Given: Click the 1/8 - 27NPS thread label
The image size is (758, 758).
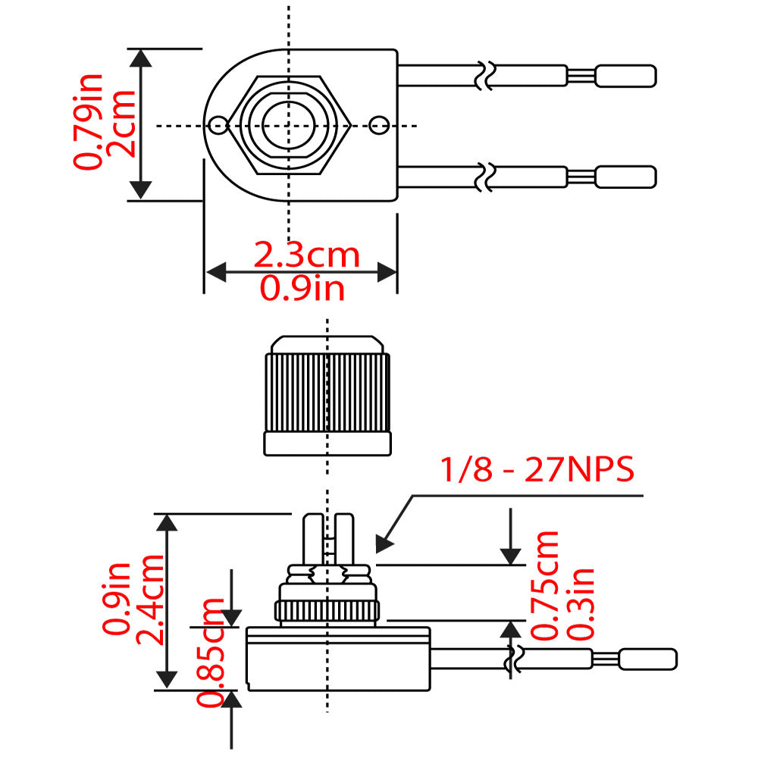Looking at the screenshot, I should [537, 471].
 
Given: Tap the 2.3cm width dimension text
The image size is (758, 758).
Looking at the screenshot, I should [306, 255].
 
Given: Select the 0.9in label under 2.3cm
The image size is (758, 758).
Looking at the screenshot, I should [302, 288].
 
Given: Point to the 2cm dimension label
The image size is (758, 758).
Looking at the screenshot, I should [121, 124].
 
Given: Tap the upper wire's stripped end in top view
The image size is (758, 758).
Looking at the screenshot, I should [625, 76].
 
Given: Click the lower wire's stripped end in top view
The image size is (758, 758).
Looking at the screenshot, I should [625, 177].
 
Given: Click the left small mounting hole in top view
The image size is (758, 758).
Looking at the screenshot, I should [219, 125].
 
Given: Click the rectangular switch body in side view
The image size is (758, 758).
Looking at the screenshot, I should [337, 658].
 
